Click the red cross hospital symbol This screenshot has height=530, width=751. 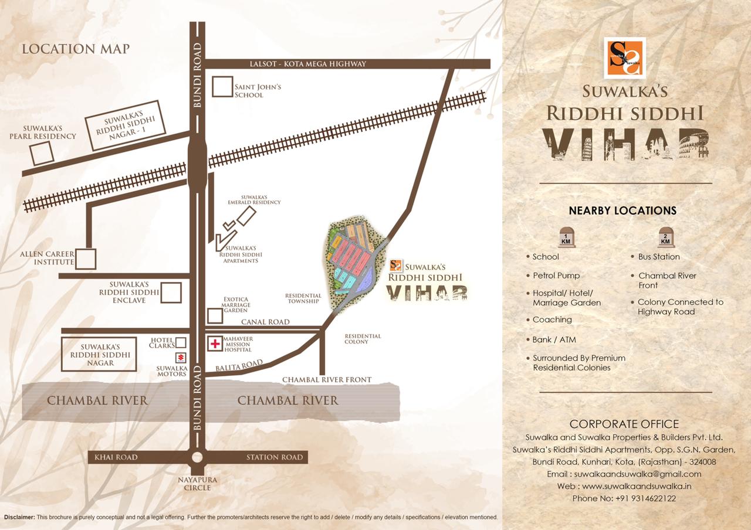coord(215,344)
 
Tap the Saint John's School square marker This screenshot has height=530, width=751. coord(222,87)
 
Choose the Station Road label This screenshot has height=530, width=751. coord(275,457)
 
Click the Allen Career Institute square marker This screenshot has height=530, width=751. coord(86,259)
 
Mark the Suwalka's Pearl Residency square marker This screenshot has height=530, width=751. coord(42,153)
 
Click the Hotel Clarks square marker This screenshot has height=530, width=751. coord(181,342)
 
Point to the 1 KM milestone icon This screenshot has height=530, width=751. coord(567,237)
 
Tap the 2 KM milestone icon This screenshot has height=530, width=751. coord(665,237)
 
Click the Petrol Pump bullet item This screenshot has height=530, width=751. coord(556,276)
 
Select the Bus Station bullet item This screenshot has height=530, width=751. coord(659,257)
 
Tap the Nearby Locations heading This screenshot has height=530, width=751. coord(623,210)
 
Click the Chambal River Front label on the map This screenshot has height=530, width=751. coord(327,380)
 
